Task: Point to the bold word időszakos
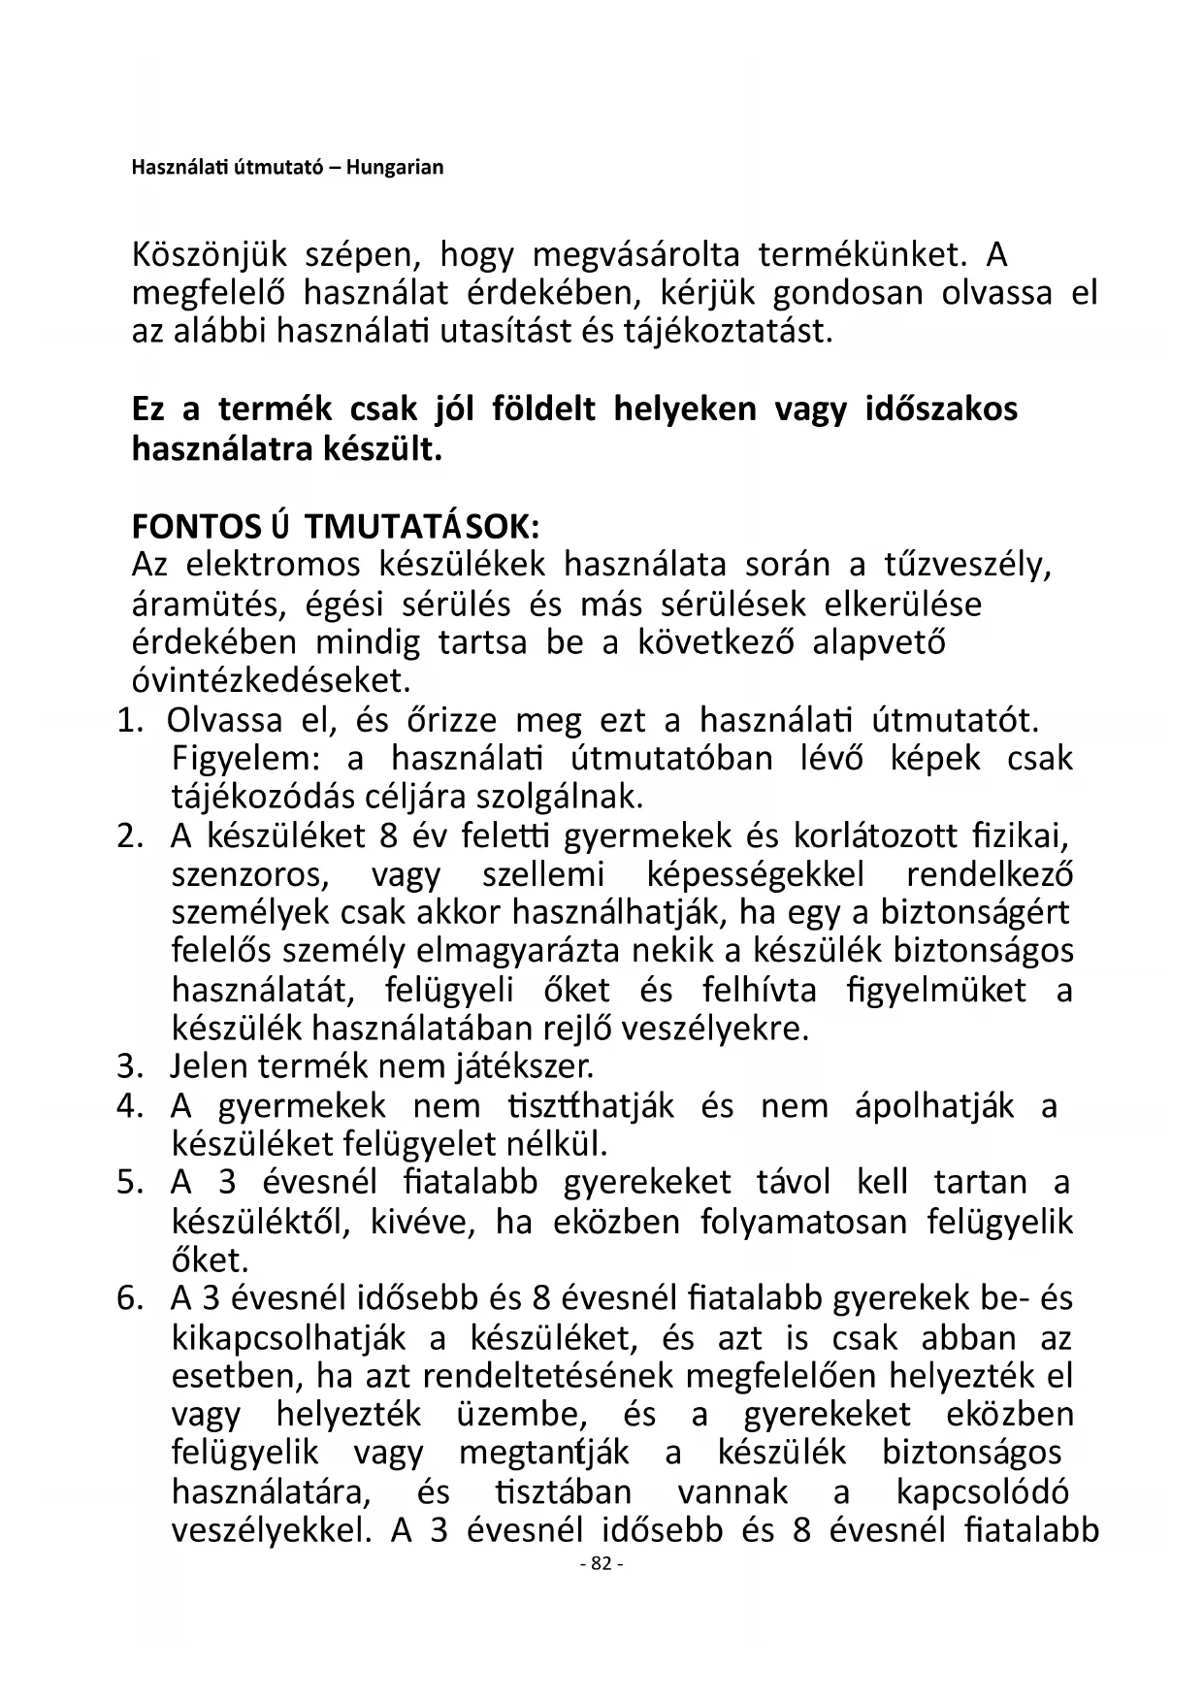click(x=941, y=409)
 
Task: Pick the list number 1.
click(x=130, y=721)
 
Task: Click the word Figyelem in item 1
click(x=249, y=758)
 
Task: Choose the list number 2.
click(x=130, y=835)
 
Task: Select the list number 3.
click(x=130, y=1066)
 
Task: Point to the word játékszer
click(x=524, y=1066)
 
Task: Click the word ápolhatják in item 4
click(x=935, y=1106)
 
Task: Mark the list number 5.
click(x=130, y=1183)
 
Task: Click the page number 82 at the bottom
click(x=601, y=1564)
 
